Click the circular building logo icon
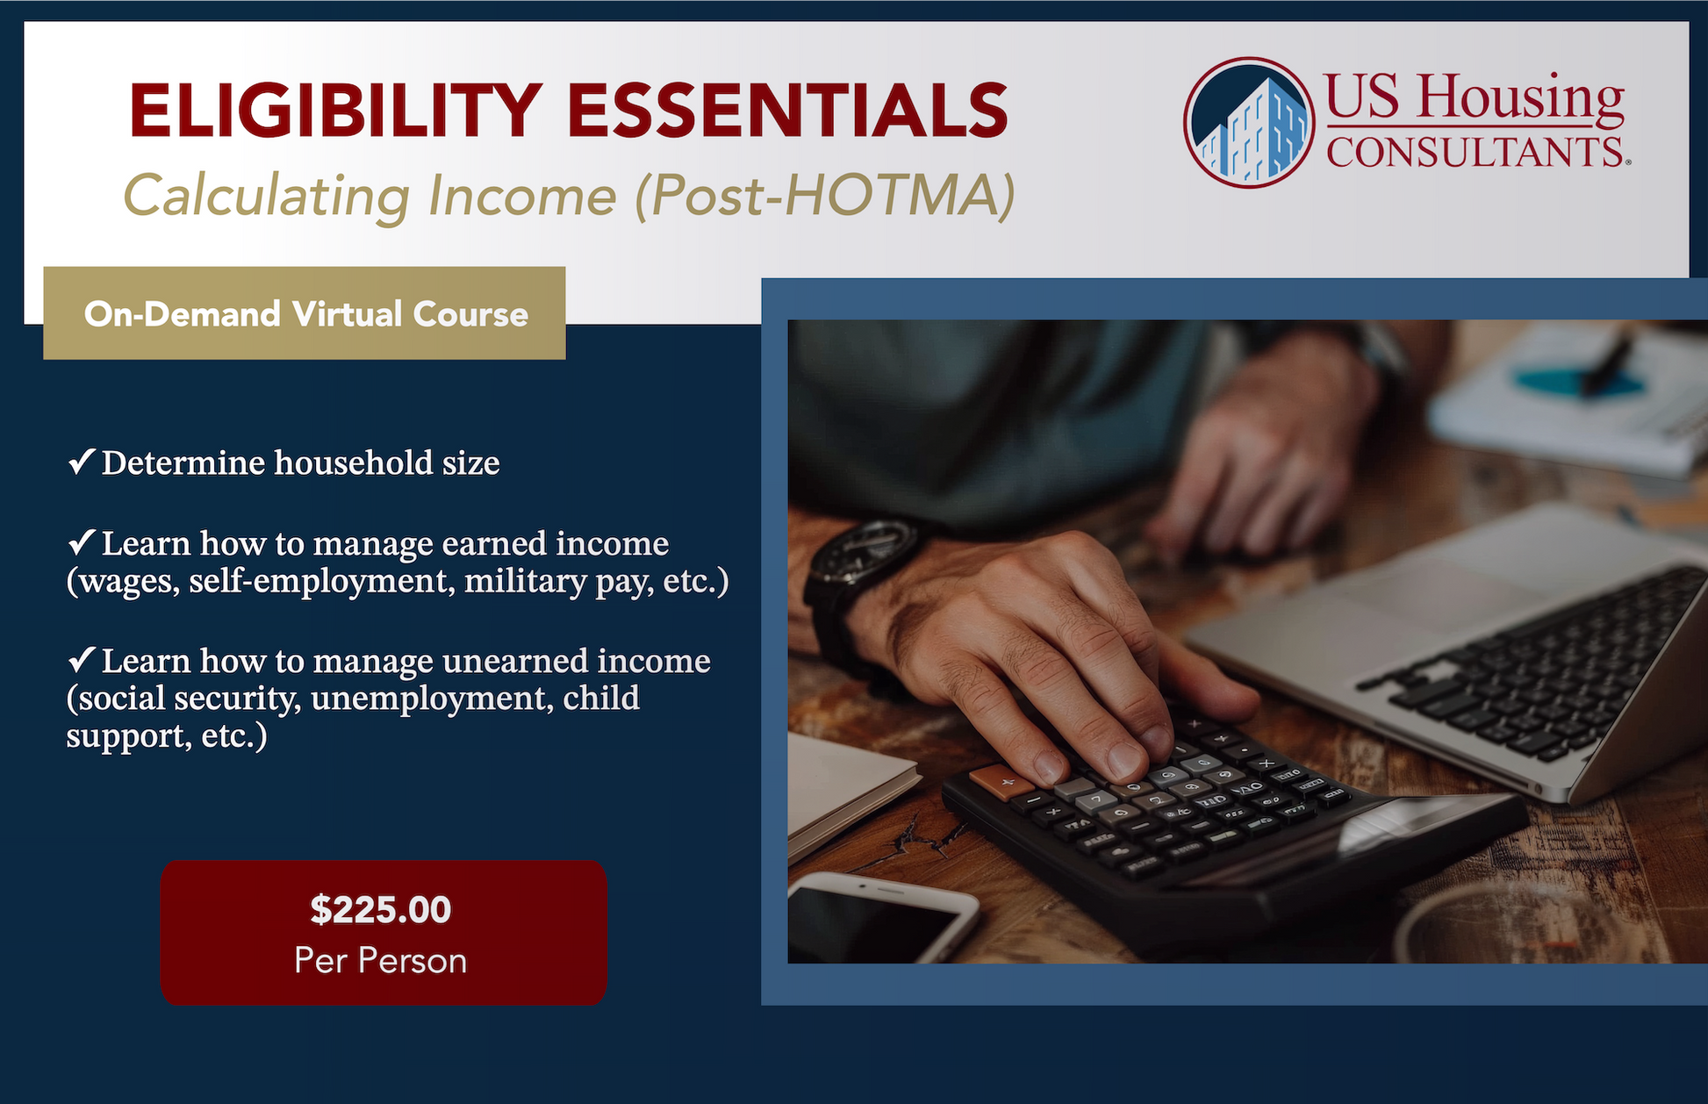point(1248,122)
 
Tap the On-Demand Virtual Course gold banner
point(305,313)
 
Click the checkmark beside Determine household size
point(82,461)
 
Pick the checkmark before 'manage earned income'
point(82,541)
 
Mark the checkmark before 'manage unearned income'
point(82,658)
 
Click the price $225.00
point(381,910)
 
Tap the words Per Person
point(381,961)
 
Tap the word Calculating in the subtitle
point(267,195)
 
